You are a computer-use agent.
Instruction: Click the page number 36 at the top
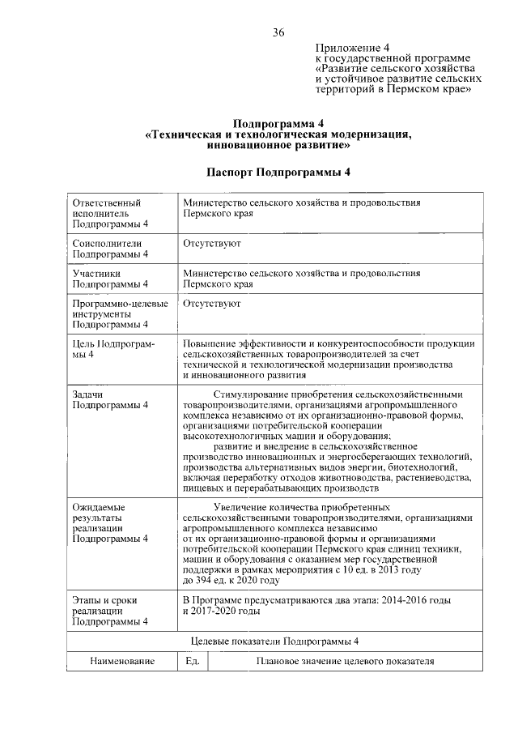pos(278,32)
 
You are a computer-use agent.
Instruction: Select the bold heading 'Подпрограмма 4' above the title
pos(278,121)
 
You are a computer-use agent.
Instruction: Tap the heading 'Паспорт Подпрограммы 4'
pos(278,173)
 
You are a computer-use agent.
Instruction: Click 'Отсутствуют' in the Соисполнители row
pos(211,243)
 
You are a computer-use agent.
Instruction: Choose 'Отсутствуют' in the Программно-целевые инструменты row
pos(211,304)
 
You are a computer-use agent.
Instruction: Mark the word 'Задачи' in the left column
pos(88,393)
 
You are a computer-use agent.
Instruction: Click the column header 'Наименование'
pos(122,662)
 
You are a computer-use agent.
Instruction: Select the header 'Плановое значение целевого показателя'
pos(339,662)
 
